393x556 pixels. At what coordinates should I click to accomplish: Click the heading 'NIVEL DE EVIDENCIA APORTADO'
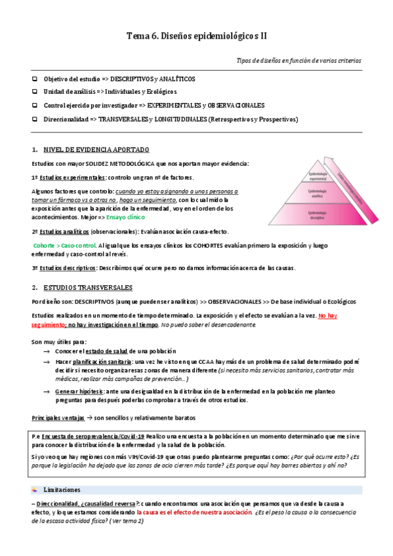click(96, 149)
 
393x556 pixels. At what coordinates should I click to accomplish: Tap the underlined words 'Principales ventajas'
click(57, 418)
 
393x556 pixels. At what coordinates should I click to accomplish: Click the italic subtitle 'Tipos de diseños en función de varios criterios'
click(299, 60)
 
